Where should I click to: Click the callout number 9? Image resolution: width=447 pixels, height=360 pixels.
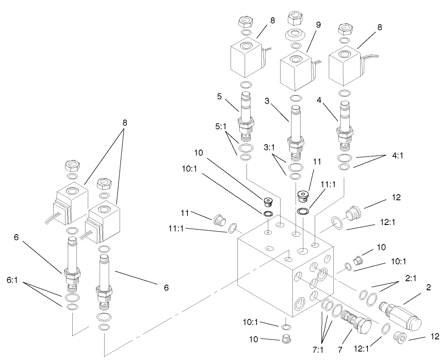point(318,25)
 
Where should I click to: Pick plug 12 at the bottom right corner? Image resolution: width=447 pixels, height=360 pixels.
point(400,338)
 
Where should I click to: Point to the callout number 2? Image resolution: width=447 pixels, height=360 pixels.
point(428,287)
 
